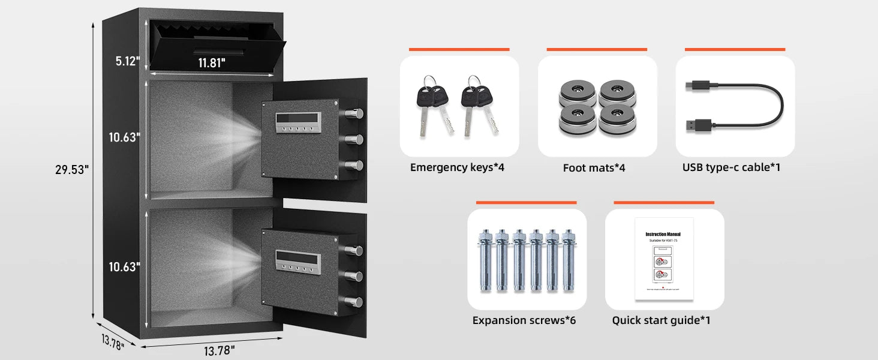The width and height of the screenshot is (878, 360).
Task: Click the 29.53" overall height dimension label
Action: pos(72,170)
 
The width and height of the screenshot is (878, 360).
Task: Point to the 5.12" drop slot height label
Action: pos(128,61)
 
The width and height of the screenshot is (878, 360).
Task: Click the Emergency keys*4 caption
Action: pos(457,167)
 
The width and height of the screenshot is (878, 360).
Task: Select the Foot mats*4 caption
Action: pos(594,168)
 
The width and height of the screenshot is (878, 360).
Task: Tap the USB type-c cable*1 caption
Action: pos(731,167)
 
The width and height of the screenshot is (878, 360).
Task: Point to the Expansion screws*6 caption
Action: pos(524,320)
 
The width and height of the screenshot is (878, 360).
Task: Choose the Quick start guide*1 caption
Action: pos(661,320)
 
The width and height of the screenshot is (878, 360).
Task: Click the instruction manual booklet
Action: pos(663,259)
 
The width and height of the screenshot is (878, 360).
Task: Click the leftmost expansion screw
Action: pos(484,259)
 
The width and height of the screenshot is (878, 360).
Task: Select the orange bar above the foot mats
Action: pos(597,49)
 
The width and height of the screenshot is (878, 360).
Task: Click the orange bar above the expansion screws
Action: pos(526,203)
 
